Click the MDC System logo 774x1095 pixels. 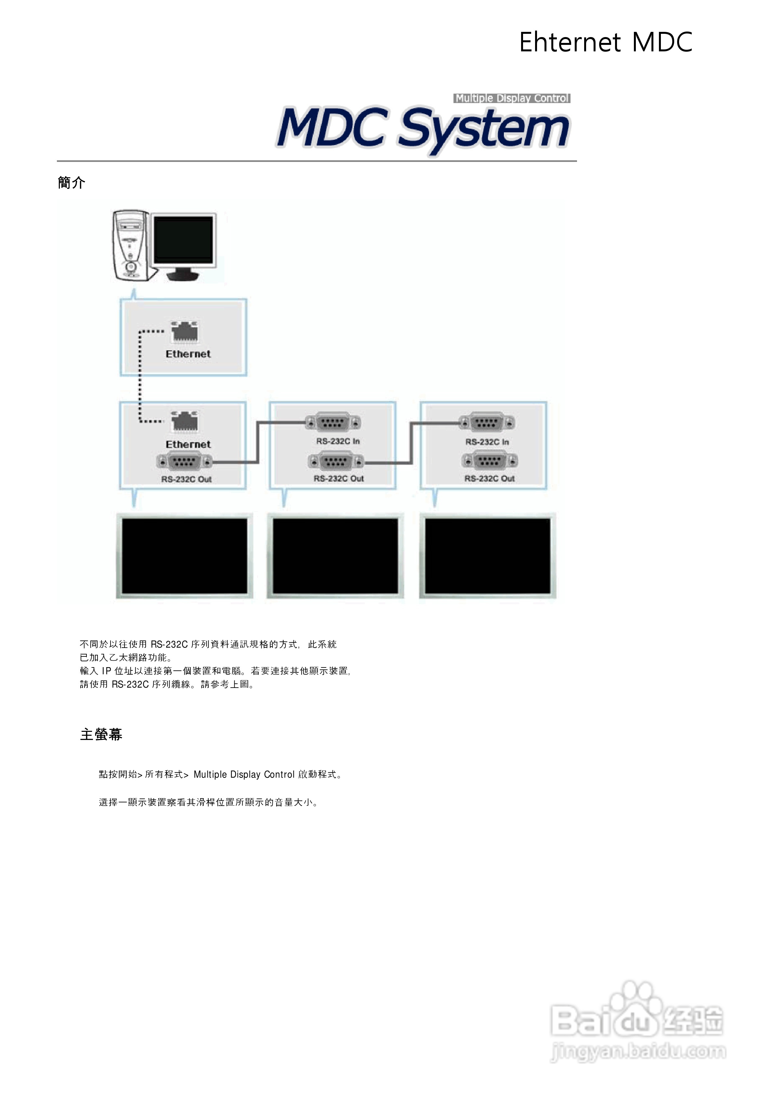423,128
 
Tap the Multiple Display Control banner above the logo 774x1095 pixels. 512,98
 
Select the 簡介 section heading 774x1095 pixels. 72,183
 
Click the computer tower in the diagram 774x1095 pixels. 130,245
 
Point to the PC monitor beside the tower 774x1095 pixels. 184,245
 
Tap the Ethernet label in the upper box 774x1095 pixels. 188,354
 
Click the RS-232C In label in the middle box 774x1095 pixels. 338,442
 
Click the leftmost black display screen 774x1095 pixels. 185,556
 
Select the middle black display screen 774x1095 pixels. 335,556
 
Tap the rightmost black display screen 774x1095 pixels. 487,556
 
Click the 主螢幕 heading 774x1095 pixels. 101,734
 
